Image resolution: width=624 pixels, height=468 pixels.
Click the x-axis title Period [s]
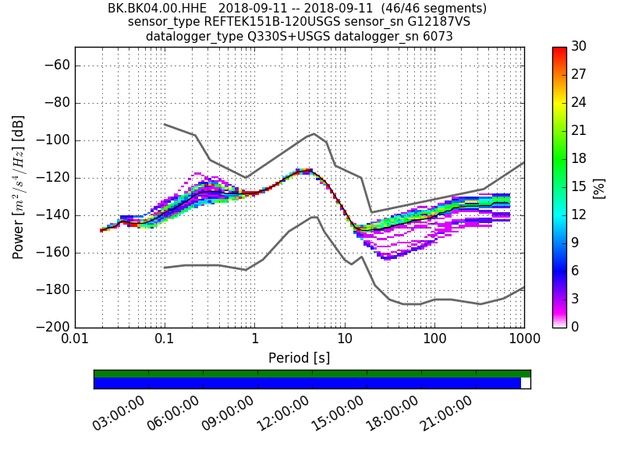(x=299, y=358)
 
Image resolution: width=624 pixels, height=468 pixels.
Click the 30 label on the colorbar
(x=578, y=47)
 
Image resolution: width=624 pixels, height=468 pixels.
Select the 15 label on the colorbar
(x=578, y=186)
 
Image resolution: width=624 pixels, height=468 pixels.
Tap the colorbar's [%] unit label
(x=599, y=187)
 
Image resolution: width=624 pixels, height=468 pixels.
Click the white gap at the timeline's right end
(x=525, y=383)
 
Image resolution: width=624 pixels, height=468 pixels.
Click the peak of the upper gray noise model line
(x=314, y=133)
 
